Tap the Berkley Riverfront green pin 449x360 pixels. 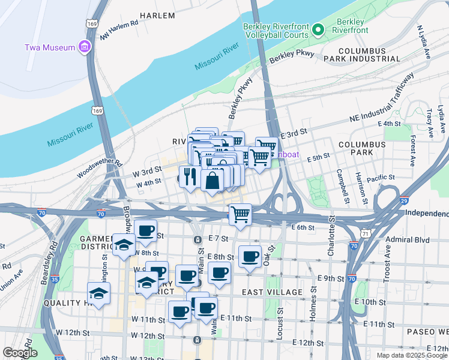coord(321,29)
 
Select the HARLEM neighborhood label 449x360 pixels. coord(157,14)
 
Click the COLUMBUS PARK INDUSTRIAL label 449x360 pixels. coord(361,55)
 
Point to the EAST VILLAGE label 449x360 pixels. coord(272,292)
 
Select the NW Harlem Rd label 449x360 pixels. coord(119,31)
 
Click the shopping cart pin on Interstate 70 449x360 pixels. coord(240,214)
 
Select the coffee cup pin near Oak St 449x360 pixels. coord(250,256)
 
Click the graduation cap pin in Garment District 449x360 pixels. coord(124,245)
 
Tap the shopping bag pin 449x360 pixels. coord(212,179)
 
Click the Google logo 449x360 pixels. coord(20,352)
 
